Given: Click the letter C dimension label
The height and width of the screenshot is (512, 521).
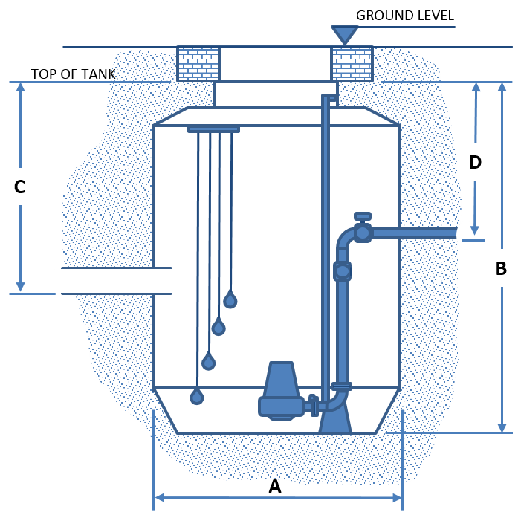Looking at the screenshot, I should click(19, 187).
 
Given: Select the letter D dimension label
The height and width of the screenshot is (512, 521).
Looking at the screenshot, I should click(475, 161).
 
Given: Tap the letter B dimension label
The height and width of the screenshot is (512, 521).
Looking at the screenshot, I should click(501, 268).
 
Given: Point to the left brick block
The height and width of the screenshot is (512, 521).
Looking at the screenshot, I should click(198, 64).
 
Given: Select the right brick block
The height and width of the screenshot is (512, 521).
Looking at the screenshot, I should click(352, 64).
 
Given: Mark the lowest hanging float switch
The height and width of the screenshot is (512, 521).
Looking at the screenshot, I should click(197, 396).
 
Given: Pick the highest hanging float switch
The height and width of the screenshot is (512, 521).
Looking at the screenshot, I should click(230, 299).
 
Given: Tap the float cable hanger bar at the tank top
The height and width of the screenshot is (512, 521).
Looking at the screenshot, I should click(213, 129).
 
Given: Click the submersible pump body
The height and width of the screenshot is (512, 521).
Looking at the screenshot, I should click(281, 390).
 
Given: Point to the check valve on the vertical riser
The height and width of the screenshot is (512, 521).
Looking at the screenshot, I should click(342, 271).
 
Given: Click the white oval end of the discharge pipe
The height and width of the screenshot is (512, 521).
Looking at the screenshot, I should click(465, 235).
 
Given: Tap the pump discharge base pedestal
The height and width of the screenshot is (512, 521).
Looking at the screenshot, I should click(335, 421).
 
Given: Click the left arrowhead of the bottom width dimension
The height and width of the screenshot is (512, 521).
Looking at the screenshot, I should click(159, 497).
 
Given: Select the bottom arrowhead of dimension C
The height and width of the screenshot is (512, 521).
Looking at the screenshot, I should click(20, 287).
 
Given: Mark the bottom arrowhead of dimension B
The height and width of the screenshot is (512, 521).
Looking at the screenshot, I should click(502, 427).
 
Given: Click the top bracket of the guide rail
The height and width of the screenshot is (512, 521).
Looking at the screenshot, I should click(330, 98).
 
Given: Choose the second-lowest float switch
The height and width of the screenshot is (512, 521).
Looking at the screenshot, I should click(209, 362).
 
